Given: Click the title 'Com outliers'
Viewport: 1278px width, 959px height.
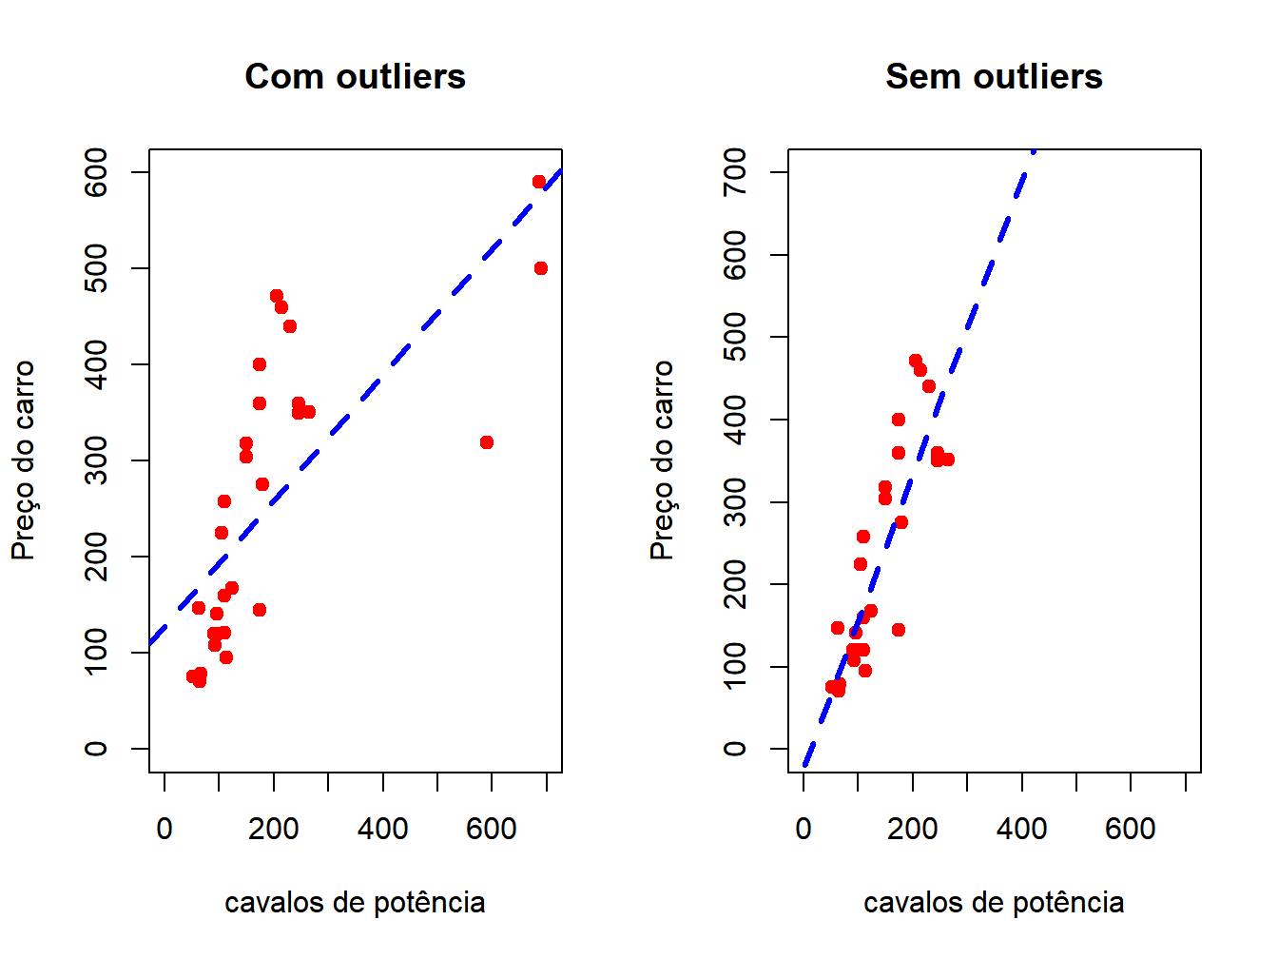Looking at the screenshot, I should pyautogui.click(x=355, y=76).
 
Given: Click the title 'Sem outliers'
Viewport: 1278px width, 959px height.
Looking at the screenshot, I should pyautogui.click(x=994, y=76).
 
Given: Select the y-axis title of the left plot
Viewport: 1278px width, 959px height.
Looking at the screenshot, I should pyautogui.click(x=23, y=460).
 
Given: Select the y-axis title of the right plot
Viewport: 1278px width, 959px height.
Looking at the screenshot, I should pyautogui.click(x=662, y=460).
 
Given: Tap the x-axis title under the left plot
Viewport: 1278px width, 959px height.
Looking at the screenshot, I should pyautogui.click(x=355, y=902).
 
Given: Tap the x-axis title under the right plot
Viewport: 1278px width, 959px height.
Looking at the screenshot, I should pyautogui.click(x=994, y=902).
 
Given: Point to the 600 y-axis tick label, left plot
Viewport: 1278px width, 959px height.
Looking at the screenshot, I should pyautogui.click(x=96, y=172).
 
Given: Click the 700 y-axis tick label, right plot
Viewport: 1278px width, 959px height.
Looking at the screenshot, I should pyautogui.click(x=735, y=172).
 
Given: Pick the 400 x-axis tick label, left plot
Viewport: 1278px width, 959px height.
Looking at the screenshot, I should pyautogui.click(x=383, y=829).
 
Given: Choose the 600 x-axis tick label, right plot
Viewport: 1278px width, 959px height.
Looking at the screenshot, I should pyautogui.click(x=1131, y=829).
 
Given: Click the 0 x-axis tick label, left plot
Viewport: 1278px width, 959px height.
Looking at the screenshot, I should pyautogui.click(x=165, y=829).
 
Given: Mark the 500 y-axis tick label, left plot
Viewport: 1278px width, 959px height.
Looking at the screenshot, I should pyautogui.click(x=96, y=268).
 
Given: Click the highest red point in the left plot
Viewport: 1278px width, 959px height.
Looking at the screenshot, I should pyautogui.click(x=539, y=182).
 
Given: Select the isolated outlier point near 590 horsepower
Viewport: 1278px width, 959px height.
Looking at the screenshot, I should pyautogui.click(x=487, y=442).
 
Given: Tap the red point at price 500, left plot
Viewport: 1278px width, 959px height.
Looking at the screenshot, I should pyautogui.click(x=541, y=268).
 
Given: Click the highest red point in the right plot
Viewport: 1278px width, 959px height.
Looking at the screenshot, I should pyautogui.click(x=915, y=361).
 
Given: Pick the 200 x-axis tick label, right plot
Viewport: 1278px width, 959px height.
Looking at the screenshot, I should pyautogui.click(x=913, y=829).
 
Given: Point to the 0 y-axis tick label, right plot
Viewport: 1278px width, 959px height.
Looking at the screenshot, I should pyautogui.click(x=735, y=749).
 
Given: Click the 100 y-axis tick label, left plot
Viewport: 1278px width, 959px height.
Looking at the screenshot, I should pyautogui.click(x=96, y=653).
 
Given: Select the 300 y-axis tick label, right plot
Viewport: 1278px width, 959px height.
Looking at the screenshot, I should pyautogui.click(x=735, y=502).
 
